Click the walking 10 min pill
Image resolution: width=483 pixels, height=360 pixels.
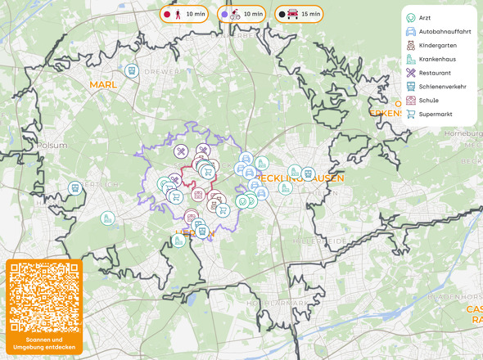183,14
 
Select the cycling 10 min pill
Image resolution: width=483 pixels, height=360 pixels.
241,14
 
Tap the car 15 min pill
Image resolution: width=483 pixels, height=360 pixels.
299,14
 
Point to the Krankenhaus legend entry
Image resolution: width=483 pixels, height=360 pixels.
437,59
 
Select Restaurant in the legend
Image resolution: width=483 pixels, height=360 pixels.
434,73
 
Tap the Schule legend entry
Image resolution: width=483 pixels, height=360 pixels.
429,101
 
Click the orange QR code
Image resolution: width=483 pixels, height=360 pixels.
44,298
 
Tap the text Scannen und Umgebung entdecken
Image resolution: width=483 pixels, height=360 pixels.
44,344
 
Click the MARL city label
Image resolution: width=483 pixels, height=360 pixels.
104,84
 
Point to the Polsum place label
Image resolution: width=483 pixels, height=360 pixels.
52,145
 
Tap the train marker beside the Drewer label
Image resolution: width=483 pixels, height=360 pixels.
131,72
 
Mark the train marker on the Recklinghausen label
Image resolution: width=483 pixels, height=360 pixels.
307,173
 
